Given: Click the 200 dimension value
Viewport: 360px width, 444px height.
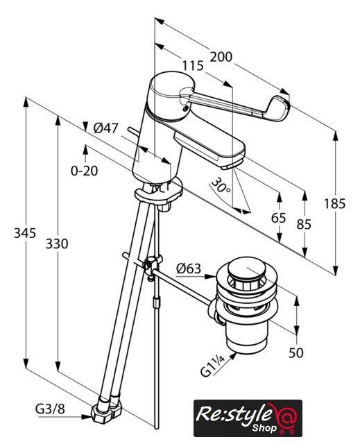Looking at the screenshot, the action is click(221, 57).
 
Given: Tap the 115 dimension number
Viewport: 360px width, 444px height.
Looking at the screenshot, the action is click(192, 66).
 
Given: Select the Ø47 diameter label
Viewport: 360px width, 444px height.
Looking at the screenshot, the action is click(105, 128).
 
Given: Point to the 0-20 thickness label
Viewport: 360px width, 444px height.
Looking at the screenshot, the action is click(85, 171).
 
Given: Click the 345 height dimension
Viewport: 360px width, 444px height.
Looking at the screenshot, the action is click(25, 233).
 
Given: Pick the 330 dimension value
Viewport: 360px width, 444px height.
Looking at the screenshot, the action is click(57, 244).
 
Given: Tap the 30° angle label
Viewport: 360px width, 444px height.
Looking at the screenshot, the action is click(221, 185).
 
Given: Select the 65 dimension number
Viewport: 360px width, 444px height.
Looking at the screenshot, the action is click(278, 218).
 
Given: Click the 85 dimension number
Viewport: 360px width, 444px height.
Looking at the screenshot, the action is click(304, 224).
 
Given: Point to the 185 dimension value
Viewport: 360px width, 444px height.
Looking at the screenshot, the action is click(335, 203).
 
